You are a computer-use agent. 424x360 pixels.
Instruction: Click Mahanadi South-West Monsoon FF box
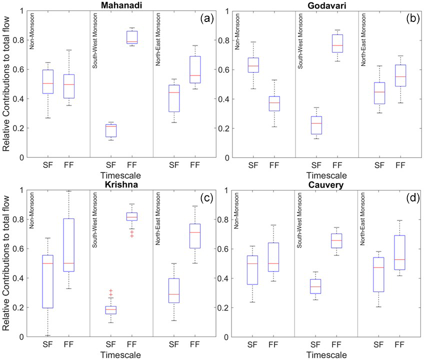coord(132,37)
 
